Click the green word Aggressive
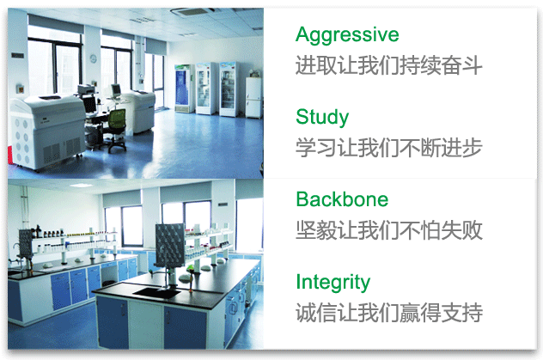point(347,35)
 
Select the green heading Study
point(322,118)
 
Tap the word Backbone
point(342,199)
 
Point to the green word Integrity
point(333,283)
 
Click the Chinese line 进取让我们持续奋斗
point(389,65)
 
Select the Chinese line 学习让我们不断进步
point(389,148)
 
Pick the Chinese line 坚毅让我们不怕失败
point(389,230)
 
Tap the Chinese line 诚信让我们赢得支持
point(389,313)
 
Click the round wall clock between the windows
point(93,58)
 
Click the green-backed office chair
point(116,130)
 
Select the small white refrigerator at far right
point(253,97)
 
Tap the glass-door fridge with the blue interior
point(184,88)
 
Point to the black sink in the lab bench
point(156,292)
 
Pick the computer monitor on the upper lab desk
point(116,90)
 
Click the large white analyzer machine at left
point(46,131)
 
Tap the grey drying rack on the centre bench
point(170,245)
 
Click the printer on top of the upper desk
point(86,90)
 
